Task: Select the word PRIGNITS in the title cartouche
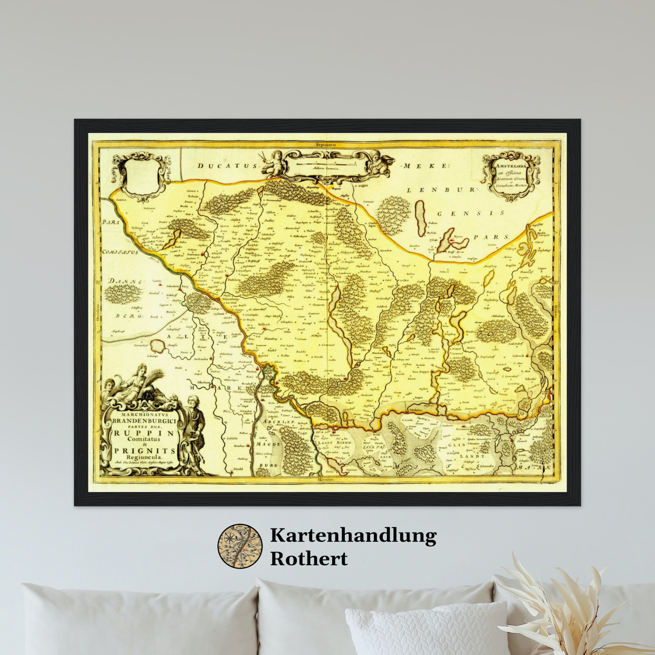144,451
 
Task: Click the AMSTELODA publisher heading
511,167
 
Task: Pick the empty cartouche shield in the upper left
141,175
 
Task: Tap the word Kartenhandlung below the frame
353,536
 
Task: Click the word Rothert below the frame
309,558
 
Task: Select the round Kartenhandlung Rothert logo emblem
240,546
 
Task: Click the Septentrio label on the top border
326,144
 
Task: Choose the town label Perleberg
234,280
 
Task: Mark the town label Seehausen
200,359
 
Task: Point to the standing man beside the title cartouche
196,424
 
